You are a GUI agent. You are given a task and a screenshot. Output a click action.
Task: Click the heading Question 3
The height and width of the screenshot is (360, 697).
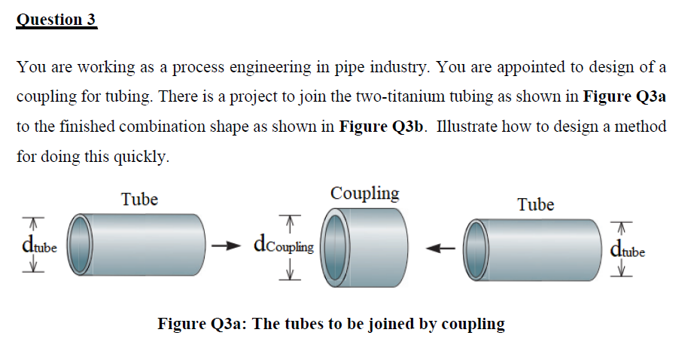pos(56,19)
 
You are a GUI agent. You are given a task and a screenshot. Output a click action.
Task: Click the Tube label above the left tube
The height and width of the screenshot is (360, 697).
pos(139,200)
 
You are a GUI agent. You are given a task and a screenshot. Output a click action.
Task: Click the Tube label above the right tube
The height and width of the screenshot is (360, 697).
pos(535,205)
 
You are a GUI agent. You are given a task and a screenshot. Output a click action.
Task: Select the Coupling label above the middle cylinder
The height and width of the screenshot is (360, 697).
pos(365,194)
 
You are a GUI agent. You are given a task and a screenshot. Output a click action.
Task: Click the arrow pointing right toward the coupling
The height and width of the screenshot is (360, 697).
pos(227,245)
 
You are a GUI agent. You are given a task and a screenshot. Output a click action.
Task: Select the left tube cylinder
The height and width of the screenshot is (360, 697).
pos(143,245)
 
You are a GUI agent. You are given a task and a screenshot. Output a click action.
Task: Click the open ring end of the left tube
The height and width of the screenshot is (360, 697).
pos(81,246)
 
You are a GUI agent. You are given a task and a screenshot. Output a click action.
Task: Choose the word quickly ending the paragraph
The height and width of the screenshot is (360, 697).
pos(140,156)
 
